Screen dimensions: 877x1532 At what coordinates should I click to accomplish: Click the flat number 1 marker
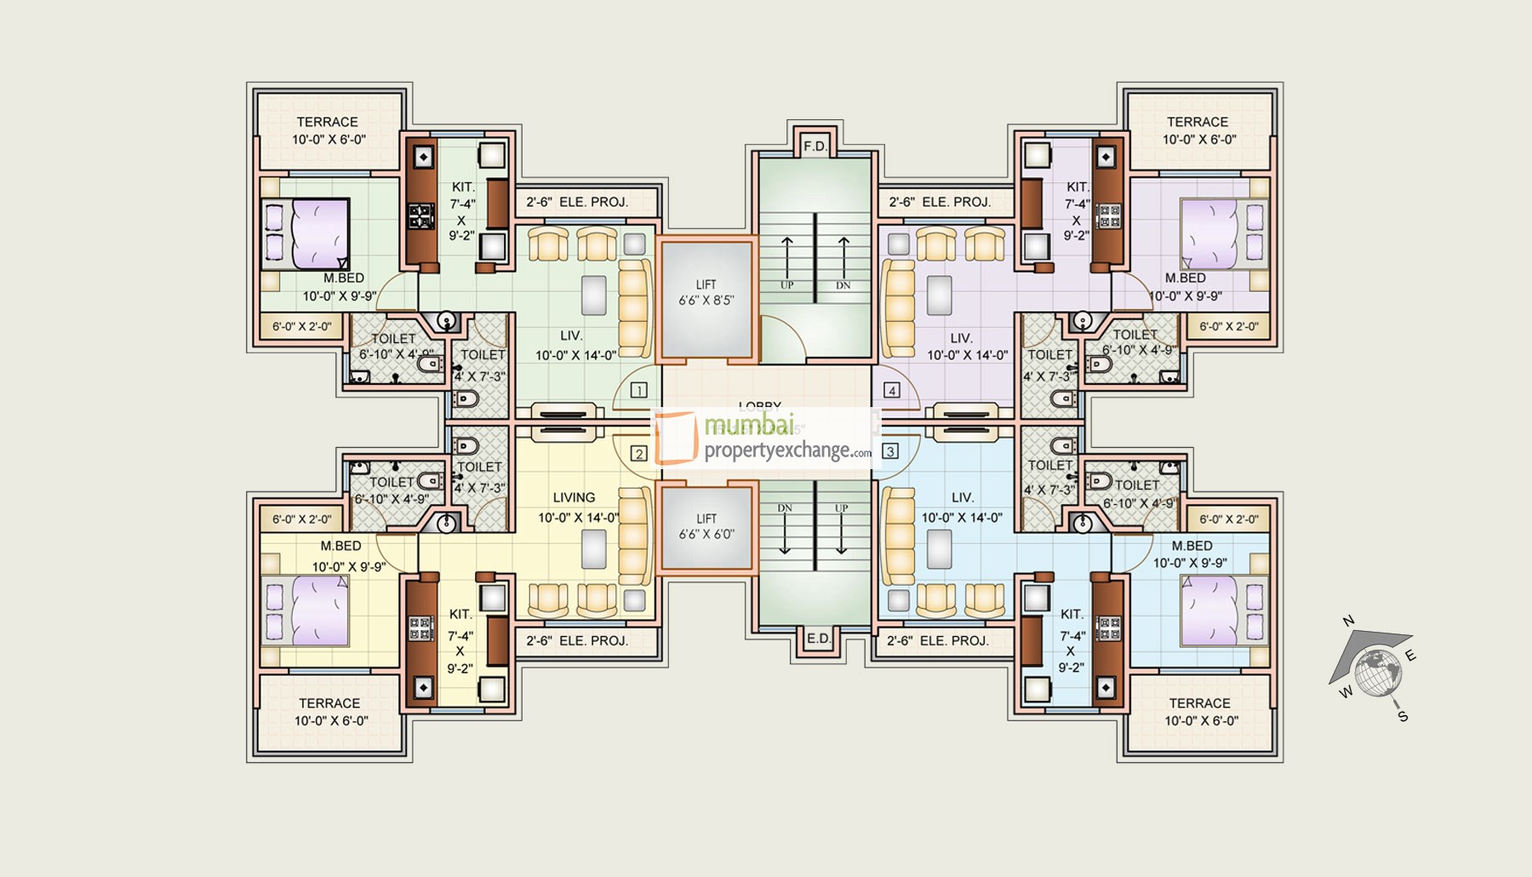click(x=638, y=391)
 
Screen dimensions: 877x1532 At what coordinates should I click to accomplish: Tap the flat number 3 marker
click(x=890, y=451)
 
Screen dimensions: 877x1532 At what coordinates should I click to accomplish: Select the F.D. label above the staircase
click(x=815, y=146)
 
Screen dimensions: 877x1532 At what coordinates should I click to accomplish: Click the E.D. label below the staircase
click(x=818, y=639)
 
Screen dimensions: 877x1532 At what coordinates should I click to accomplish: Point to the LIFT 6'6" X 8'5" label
click(x=706, y=293)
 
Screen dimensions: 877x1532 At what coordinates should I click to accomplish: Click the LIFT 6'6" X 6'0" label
click(x=706, y=526)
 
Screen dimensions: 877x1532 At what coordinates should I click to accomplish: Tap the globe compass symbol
click(x=1378, y=671)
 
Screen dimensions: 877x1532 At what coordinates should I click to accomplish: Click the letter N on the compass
click(x=1348, y=621)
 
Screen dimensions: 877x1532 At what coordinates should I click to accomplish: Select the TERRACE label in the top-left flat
click(x=327, y=122)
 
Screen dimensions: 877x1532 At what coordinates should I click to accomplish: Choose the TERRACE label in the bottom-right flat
click(x=1199, y=703)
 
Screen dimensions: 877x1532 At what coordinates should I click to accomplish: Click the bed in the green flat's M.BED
click(x=305, y=233)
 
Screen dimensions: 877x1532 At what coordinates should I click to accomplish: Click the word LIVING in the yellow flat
click(x=574, y=497)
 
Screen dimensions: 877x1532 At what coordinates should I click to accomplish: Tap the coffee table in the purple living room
click(x=939, y=295)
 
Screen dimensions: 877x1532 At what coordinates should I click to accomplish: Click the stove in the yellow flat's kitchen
click(x=420, y=628)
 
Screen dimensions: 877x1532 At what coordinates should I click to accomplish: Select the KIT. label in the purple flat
click(x=1078, y=186)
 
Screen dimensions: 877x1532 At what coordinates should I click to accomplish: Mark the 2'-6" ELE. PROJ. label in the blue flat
click(x=938, y=640)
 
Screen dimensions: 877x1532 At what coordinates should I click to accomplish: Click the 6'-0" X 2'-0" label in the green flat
click(x=302, y=326)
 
